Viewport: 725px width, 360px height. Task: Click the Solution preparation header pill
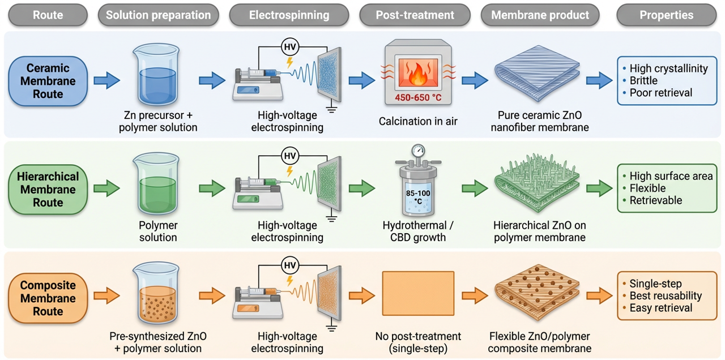(158, 15)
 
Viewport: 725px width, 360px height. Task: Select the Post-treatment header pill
(415, 15)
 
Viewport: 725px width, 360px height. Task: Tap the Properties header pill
(667, 15)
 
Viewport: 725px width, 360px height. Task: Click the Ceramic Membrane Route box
(48, 81)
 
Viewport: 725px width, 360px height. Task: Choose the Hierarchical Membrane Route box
(48, 190)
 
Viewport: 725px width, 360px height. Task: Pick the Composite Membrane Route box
(48, 298)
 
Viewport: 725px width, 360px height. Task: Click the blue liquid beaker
(157, 75)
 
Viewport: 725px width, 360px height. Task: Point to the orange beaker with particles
(157, 293)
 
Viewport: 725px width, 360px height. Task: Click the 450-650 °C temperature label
(418, 97)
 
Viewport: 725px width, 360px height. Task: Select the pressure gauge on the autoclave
(418, 151)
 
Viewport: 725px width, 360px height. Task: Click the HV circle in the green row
(289, 156)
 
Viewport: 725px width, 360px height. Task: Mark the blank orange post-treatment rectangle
(418, 293)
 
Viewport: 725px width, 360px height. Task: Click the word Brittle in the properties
(643, 80)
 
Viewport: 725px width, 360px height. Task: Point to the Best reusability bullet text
(666, 295)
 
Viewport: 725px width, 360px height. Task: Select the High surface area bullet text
(671, 176)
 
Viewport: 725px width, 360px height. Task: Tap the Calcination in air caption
(418, 121)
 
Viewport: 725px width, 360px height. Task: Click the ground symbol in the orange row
(331, 328)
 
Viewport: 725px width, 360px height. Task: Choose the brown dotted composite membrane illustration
(537, 293)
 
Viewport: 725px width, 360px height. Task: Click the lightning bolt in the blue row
(289, 62)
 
